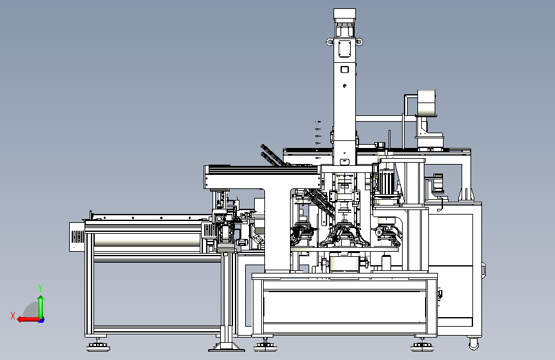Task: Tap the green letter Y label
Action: (40, 288)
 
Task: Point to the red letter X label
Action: (13, 316)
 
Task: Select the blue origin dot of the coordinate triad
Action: (42, 320)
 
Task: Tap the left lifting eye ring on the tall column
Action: (330, 42)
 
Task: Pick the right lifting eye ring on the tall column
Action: (359, 42)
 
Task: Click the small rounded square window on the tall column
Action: (344, 69)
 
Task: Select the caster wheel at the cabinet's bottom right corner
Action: (474, 344)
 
